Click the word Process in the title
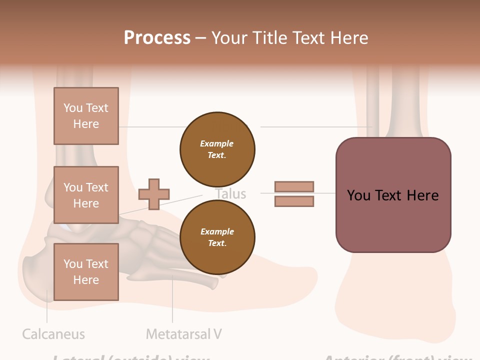157,38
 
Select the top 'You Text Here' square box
86,116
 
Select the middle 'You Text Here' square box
86,195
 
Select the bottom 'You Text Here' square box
86,272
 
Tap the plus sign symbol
154,194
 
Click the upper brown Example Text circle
217,149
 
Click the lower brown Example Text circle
217,237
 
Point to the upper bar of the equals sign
294,187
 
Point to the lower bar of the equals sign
294,201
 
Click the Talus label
230,194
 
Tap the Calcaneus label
53,334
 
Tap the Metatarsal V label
184,334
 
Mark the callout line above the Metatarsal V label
172,300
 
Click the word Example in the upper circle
217,143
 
